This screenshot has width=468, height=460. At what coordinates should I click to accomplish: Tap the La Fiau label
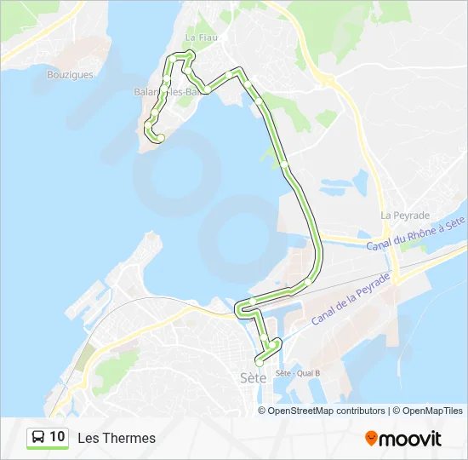coord(201,38)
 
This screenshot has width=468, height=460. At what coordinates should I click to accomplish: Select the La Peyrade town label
coord(405,216)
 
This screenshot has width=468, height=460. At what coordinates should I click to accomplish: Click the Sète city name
coord(254,377)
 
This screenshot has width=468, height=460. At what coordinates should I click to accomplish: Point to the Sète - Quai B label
coord(298,373)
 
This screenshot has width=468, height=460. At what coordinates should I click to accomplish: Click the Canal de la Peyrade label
coord(350,299)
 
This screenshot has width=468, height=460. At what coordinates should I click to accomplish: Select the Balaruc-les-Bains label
coord(165,92)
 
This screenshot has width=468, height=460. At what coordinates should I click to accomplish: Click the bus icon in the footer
coord(38,438)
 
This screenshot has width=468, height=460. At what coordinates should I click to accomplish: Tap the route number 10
coord(57,437)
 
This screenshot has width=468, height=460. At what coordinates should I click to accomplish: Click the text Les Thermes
coord(117,438)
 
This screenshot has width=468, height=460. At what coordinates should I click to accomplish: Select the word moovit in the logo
coord(411,439)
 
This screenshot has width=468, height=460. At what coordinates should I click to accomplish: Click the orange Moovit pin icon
coord(371,439)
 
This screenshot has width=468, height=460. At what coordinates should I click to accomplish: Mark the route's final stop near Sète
coord(259,362)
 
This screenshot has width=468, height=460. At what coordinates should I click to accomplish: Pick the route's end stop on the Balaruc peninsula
coord(160,138)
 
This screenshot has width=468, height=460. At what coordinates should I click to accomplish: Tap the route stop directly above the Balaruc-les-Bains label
coord(168,82)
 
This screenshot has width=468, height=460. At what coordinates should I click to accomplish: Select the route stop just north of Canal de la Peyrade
coord(308,283)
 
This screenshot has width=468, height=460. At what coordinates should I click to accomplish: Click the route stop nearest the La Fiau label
coord(190,55)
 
